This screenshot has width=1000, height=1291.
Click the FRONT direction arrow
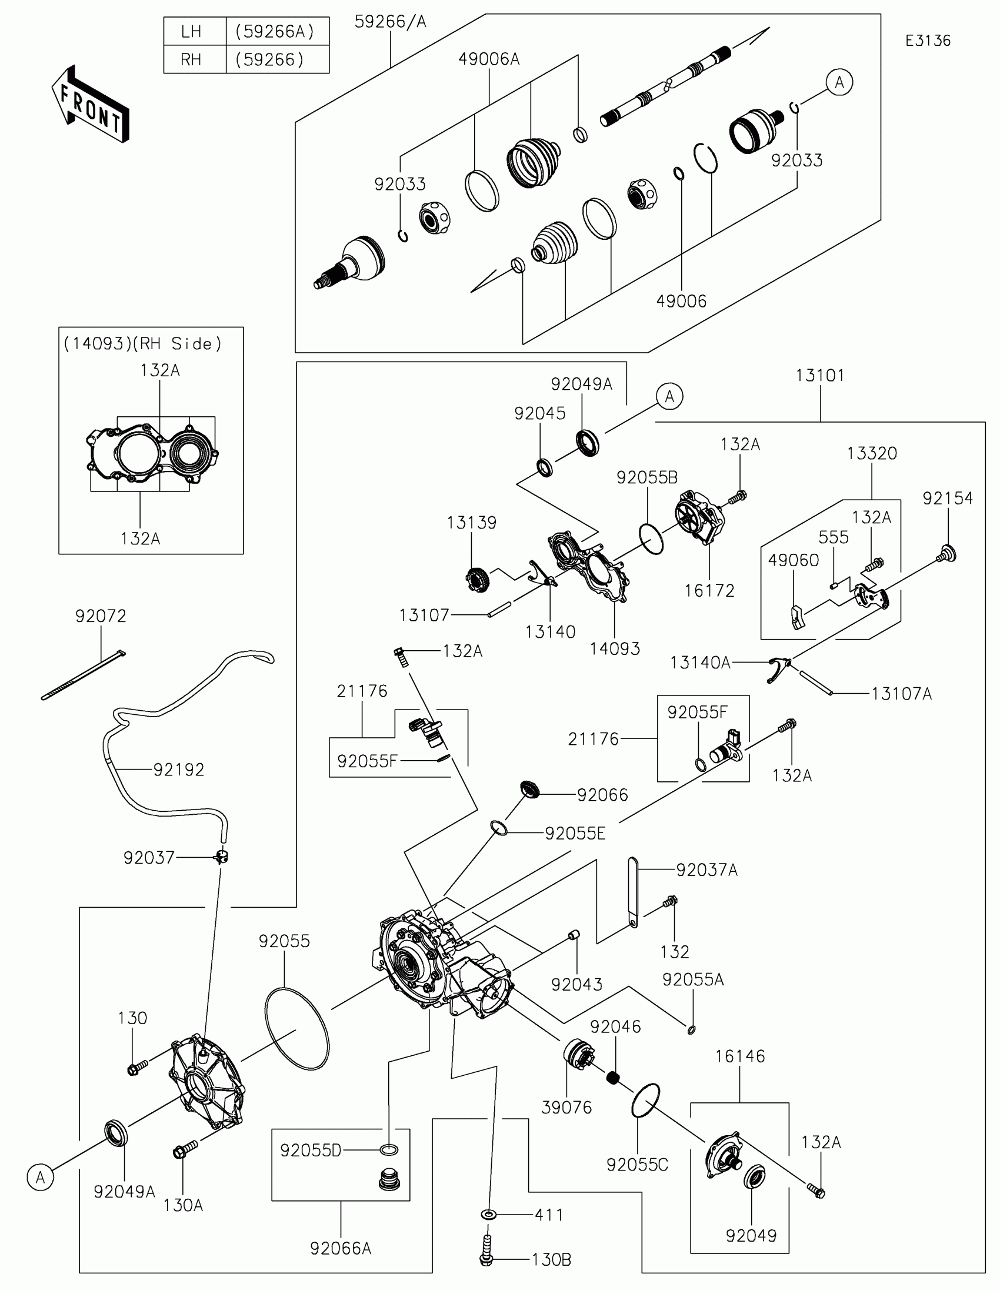(91, 104)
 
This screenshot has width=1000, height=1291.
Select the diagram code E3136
(928, 41)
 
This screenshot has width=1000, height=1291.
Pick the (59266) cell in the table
(269, 60)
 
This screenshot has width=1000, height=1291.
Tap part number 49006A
(489, 59)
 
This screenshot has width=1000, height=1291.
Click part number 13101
(820, 375)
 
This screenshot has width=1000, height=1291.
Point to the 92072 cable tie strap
(83, 675)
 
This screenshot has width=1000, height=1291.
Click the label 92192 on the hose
(179, 770)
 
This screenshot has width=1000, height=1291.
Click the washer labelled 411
(489, 1214)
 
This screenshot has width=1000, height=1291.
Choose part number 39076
(566, 1107)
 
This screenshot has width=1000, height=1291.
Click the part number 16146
(740, 1056)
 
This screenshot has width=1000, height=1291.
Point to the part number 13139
(471, 523)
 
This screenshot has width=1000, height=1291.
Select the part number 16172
(709, 590)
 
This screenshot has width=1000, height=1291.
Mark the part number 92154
(948, 499)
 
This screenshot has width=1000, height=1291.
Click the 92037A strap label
(706, 870)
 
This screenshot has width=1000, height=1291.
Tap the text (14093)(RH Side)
(142, 344)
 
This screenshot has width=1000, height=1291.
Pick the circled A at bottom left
(40, 1178)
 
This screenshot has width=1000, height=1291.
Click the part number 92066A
(341, 1249)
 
